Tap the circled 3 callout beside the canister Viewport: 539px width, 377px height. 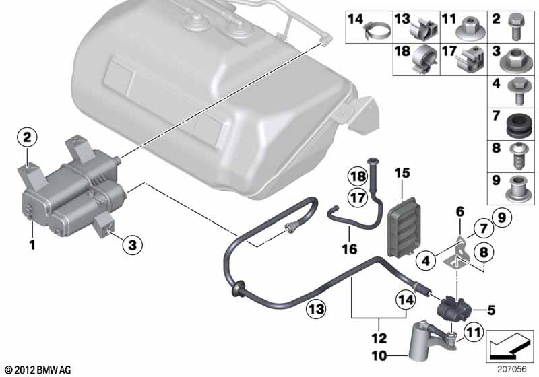[132, 246]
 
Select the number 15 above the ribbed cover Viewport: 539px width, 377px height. [402, 174]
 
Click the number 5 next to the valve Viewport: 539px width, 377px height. [490, 310]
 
